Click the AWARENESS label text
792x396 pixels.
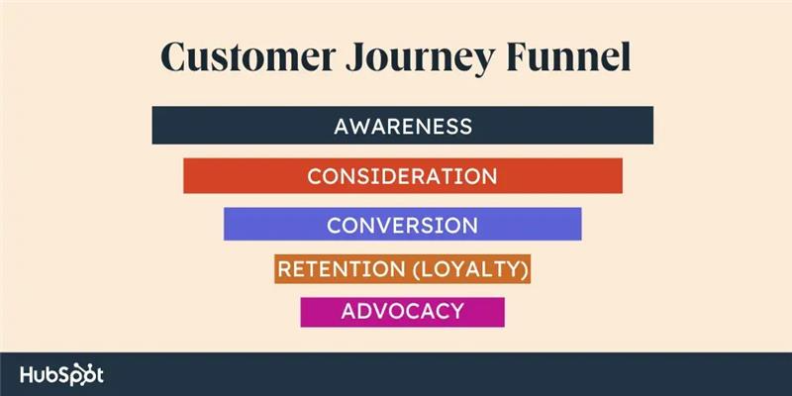(x=402, y=126)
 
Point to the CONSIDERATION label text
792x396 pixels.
(x=402, y=176)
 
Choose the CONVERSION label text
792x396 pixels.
(x=402, y=225)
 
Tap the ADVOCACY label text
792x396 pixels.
(x=402, y=311)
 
